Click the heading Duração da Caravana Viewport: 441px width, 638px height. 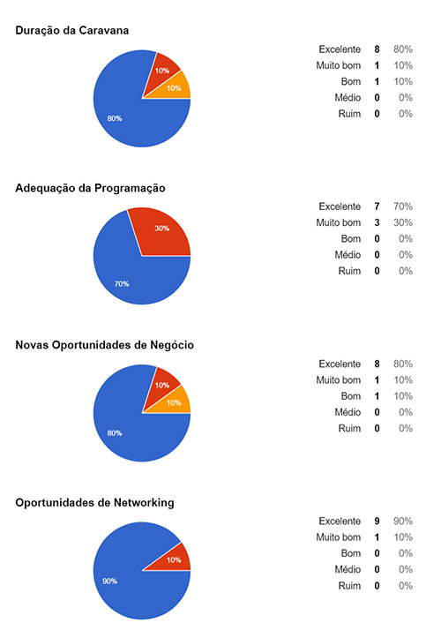coord(72,31)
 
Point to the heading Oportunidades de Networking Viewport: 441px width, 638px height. coord(94,502)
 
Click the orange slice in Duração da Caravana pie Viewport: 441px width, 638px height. coord(175,87)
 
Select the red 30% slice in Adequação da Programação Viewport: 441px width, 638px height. coord(162,229)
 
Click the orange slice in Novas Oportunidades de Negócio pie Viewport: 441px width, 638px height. coord(175,402)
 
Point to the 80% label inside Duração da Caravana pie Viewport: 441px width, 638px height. coord(115,118)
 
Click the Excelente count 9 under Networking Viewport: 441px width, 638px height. coord(377,522)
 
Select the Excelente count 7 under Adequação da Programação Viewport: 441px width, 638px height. coord(377,206)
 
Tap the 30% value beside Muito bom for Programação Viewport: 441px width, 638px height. coord(405,222)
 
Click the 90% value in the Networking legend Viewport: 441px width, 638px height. coord(405,522)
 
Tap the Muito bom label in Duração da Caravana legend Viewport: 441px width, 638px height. coord(339,65)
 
